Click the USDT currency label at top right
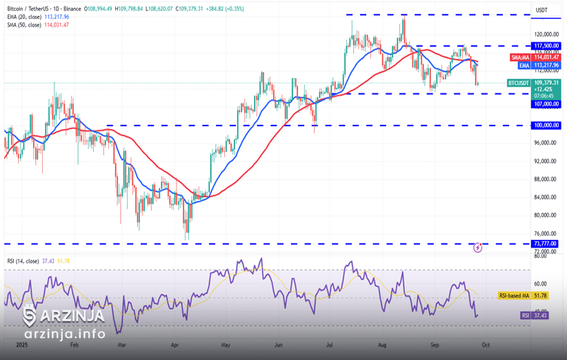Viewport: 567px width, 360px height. point(541,10)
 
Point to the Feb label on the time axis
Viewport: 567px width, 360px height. point(75,343)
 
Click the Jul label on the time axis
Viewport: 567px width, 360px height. point(330,343)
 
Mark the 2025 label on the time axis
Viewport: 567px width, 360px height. point(21,343)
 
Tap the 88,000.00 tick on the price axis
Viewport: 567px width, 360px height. point(546,179)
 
